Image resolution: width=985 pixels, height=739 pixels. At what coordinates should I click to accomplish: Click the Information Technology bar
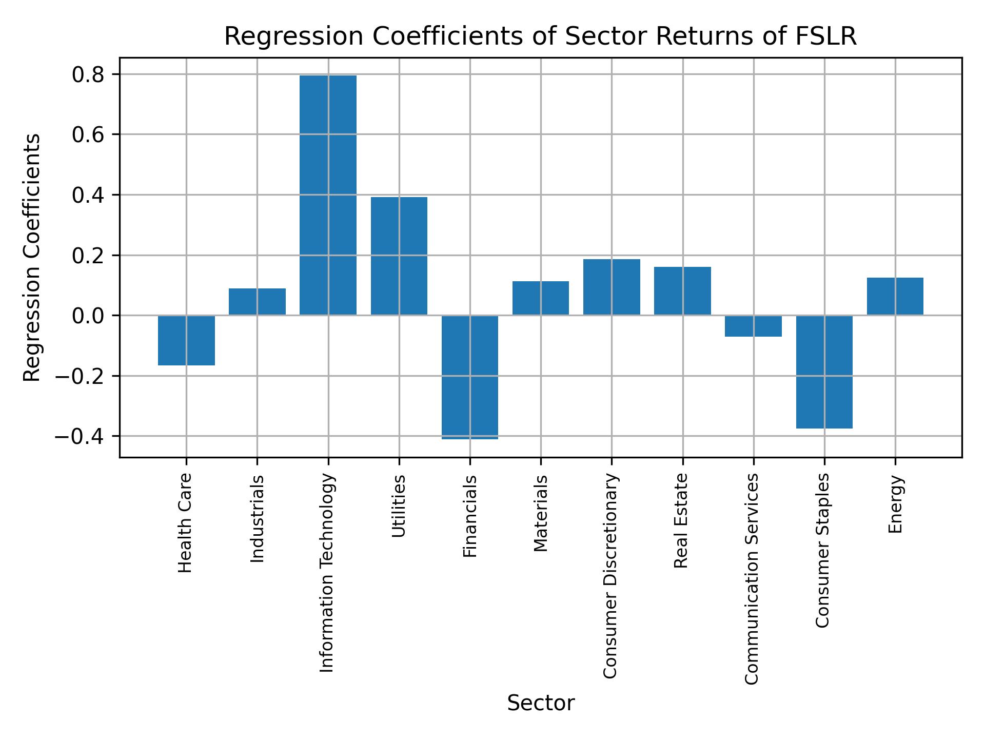[x=328, y=195]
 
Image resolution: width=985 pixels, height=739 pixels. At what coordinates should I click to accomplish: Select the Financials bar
[x=470, y=377]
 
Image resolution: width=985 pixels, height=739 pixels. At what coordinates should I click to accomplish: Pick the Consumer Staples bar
[x=824, y=372]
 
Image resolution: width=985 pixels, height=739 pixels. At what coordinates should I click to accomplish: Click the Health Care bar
[x=186, y=340]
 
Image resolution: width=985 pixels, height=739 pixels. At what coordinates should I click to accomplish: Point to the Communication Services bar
[x=753, y=326]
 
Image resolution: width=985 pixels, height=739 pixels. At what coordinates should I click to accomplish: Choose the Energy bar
[x=895, y=296]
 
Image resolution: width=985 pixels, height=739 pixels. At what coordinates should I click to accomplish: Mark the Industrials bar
[x=257, y=302]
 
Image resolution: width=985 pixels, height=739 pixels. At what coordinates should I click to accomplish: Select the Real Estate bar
[x=682, y=290]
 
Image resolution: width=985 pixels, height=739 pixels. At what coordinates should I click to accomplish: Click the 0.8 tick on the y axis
[x=88, y=75]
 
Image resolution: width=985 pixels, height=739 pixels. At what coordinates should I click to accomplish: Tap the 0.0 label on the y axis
[x=88, y=316]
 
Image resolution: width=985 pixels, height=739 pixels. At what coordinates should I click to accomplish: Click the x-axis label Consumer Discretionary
[x=610, y=576]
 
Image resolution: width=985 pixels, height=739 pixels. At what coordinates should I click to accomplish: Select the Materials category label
[x=541, y=513]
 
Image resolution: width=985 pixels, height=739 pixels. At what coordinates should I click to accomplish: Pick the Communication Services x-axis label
[x=752, y=579]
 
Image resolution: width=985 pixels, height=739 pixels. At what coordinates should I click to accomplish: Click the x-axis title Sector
[x=541, y=703]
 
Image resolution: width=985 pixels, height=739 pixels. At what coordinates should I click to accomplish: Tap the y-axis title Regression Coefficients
[x=32, y=258]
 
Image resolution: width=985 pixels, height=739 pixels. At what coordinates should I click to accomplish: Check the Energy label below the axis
[x=895, y=504]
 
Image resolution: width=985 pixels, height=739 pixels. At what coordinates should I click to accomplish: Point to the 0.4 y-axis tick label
[x=88, y=196]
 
